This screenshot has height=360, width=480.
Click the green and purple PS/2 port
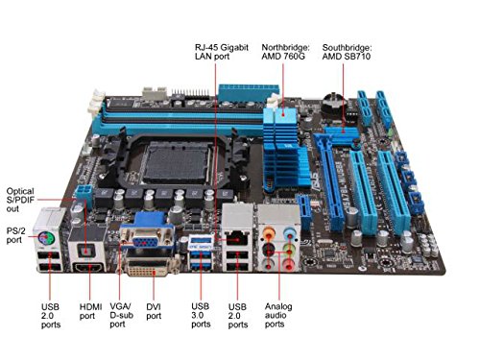[x=46, y=239]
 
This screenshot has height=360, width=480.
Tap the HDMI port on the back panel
[x=89, y=267]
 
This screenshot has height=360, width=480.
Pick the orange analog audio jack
[x=269, y=231]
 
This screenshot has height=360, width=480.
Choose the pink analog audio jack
[x=289, y=264]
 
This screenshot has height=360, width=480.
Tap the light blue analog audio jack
[x=290, y=231]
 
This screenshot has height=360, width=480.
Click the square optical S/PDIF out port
[x=85, y=252]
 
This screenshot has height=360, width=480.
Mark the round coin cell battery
[x=333, y=103]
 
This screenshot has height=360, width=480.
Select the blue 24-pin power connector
[x=249, y=92]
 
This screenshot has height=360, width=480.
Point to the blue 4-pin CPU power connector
[x=84, y=193]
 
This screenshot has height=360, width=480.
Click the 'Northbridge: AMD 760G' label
[x=285, y=52]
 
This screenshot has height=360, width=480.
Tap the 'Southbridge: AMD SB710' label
[x=347, y=52]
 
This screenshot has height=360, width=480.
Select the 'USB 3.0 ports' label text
[x=201, y=315]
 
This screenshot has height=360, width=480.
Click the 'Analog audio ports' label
[x=278, y=315]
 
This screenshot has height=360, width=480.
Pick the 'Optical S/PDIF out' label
[x=20, y=200]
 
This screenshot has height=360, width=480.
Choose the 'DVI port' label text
[x=154, y=311]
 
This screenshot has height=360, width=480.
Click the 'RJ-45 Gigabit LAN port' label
[x=222, y=52]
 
